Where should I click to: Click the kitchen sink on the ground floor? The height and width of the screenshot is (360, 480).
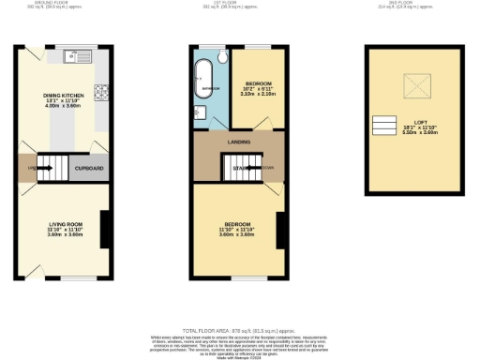(x=76, y=57)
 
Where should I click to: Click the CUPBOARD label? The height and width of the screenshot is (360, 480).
(x=89, y=169)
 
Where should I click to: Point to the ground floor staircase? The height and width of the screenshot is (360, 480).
(x=57, y=169)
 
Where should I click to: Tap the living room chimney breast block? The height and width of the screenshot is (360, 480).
(x=105, y=226)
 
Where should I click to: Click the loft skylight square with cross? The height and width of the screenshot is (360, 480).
(x=414, y=88)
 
